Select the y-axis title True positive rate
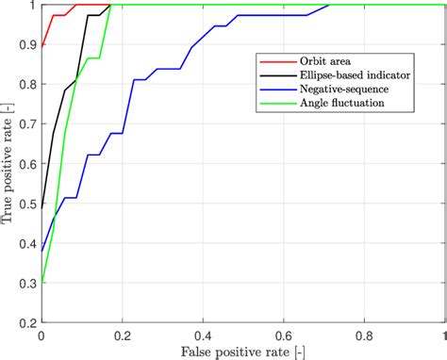[x=8, y=164]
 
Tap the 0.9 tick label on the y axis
[x=27, y=45]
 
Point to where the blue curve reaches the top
[x=328, y=6]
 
